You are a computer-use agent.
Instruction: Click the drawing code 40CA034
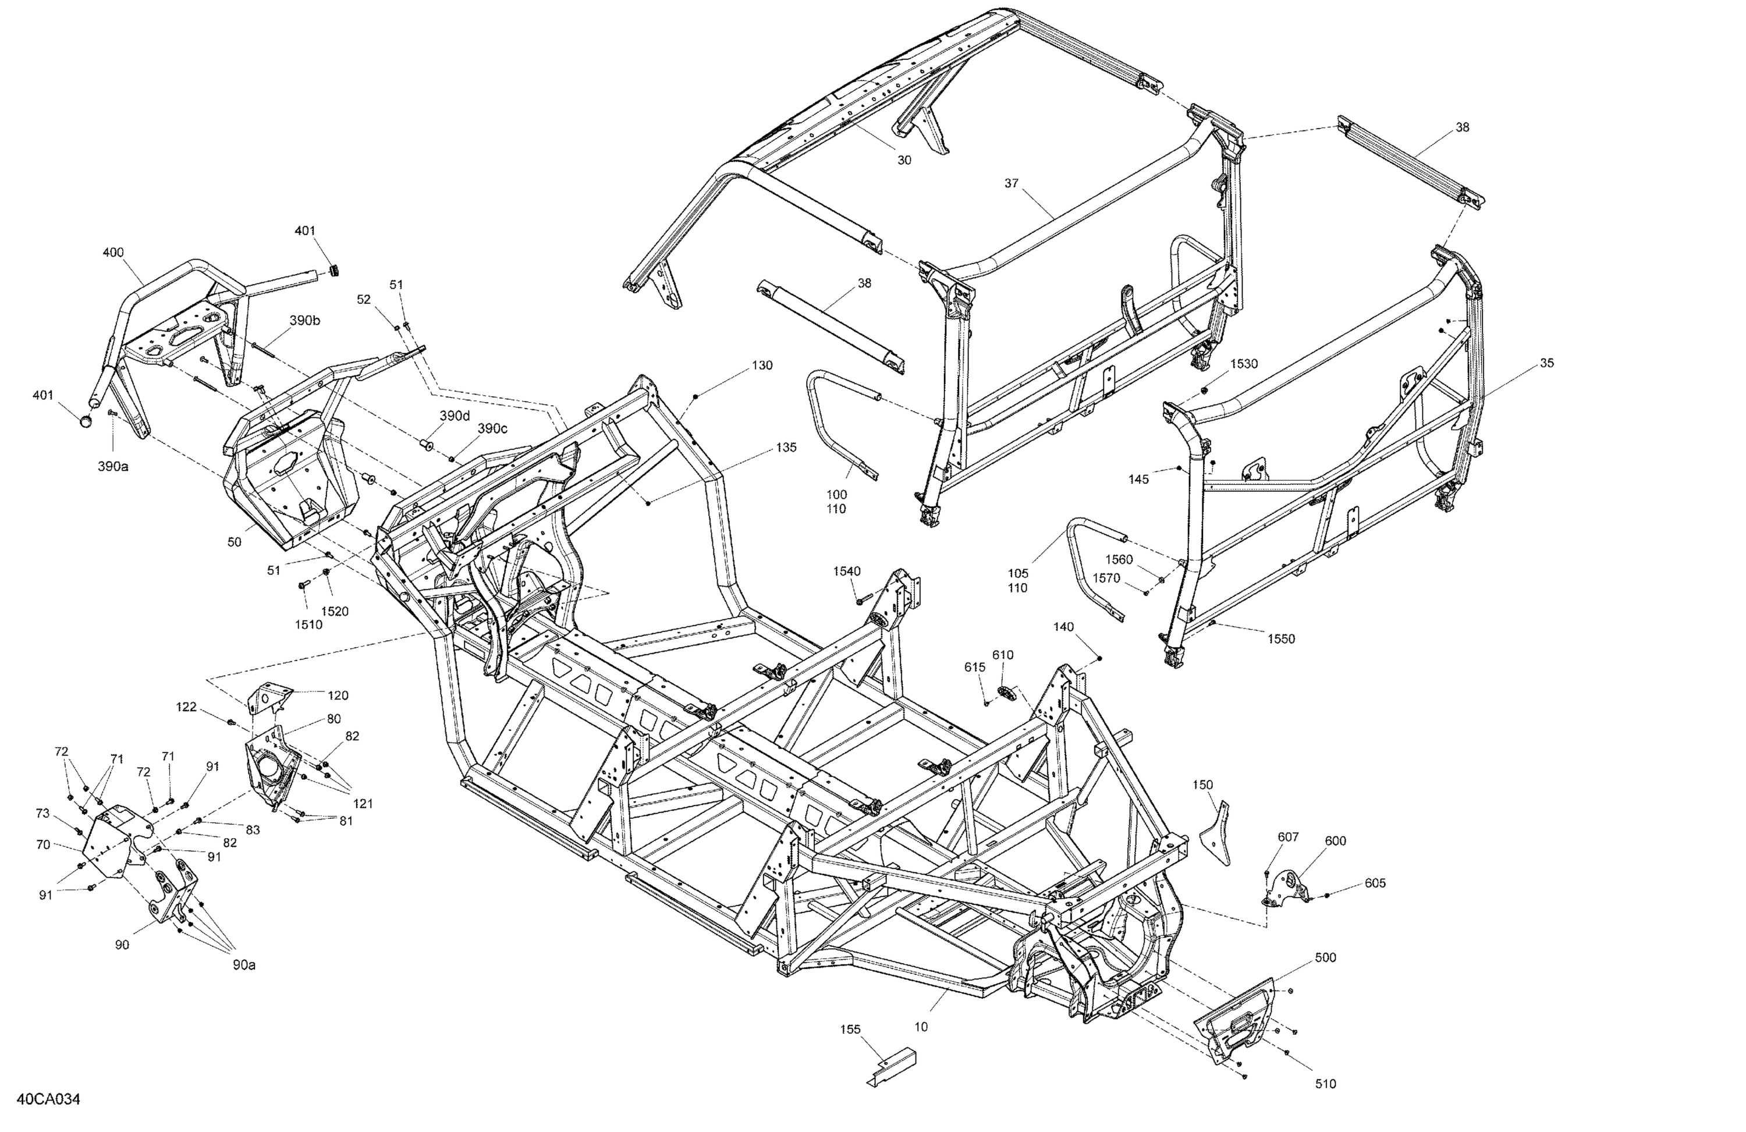pos(48,1099)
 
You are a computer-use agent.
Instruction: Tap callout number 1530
pos(1244,364)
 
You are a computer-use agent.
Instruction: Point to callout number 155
pos(850,1030)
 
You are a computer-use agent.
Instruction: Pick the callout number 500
pos(1326,957)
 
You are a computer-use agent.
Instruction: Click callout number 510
pos(1326,1084)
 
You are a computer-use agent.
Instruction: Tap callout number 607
pos(1288,837)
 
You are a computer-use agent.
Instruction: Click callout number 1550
pos(1282,639)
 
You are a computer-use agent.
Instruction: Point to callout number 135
pos(786,448)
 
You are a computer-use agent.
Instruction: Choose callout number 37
pos(1012,183)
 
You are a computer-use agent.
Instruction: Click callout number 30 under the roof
pos(904,160)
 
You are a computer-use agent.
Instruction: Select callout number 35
pos(1546,363)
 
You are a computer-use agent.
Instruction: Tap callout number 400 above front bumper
pos(113,253)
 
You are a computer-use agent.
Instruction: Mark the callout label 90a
pos(244,966)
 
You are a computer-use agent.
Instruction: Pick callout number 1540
pos(847,572)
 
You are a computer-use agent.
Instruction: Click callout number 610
pos(1003,655)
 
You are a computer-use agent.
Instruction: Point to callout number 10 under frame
pos(921,1027)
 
